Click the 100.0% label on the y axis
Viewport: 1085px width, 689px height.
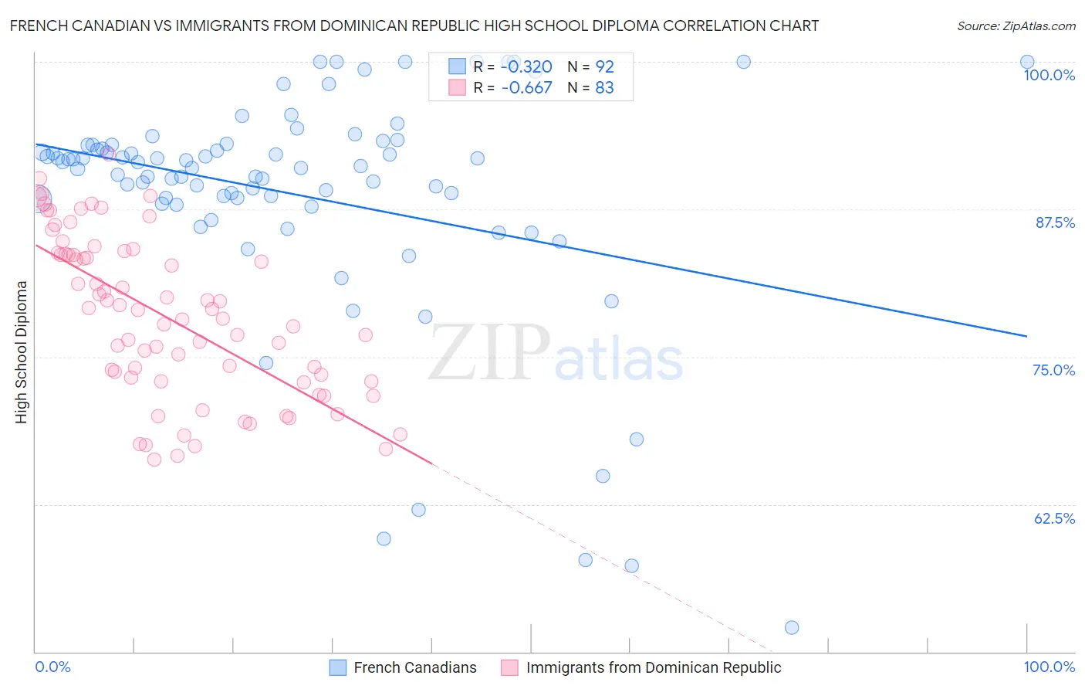click(x=1049, y=75)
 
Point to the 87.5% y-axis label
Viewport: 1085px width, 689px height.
click(x=1055, y=222)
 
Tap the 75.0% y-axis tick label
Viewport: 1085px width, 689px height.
click(x=1053, y=370)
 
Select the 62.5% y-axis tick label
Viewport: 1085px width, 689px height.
click(x=1054, y=518)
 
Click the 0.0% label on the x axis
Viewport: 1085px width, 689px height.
click(x=52, y=667)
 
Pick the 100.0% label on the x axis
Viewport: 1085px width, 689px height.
click(x=1049, y=667)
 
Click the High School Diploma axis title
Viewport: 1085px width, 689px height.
click(x=22, y=352)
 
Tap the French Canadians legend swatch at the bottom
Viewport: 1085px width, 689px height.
click(x=338, y=667)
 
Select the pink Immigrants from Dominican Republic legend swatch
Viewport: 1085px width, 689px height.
click(x=509, y=667)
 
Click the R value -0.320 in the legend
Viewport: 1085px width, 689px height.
click(x=526, y=66)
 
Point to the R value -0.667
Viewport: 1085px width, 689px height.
click(x=526, y=87)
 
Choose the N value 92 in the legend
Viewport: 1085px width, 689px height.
click(x=604, y=66)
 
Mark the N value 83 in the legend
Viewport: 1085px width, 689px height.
click(x=604, y=87)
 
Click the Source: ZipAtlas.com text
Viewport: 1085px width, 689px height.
click(x=1016, y=26)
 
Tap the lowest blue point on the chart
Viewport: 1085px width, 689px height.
click(x=792, y=627)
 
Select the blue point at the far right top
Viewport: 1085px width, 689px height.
click(x=1027, y=62)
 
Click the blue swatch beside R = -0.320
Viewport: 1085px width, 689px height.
click(x=458, y=66)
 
